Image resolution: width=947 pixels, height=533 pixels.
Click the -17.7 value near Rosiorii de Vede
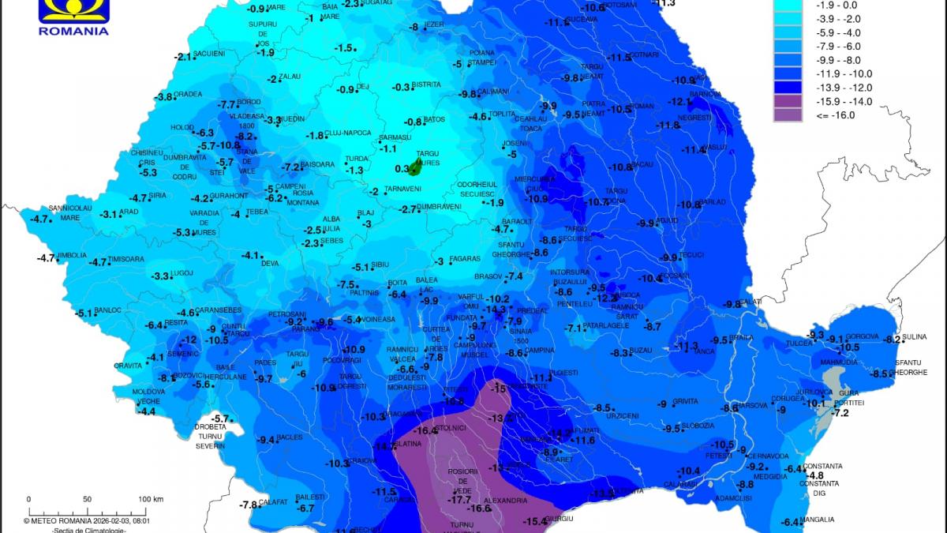click(459, 500)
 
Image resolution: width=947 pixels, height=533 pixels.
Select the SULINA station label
click(915, 337)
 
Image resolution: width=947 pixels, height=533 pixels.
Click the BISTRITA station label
click(426, 84)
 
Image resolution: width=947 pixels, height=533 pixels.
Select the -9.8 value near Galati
click(733, 304)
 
